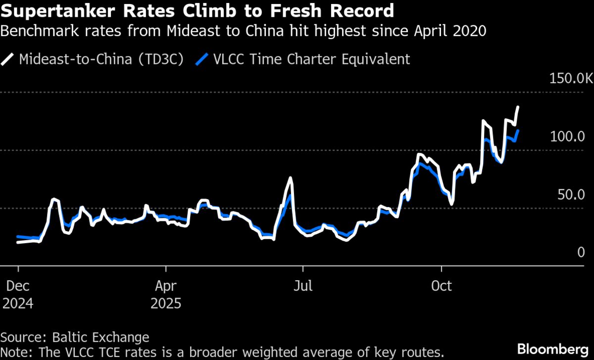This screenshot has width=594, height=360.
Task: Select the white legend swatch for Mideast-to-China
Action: (x=8, y=60)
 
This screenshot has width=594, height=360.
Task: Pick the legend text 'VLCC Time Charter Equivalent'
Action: (x=311, y=59)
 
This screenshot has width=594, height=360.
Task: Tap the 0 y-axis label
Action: (x=581, y=253)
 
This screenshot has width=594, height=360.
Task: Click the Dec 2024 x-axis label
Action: (x=18, y=294)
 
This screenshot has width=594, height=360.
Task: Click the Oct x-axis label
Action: (x=441, y=286)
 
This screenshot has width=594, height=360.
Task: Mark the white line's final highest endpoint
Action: (x=518, y=107)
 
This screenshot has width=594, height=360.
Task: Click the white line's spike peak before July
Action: (x=291, y=178)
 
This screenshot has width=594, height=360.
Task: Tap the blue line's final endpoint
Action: (x=518, y=131)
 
